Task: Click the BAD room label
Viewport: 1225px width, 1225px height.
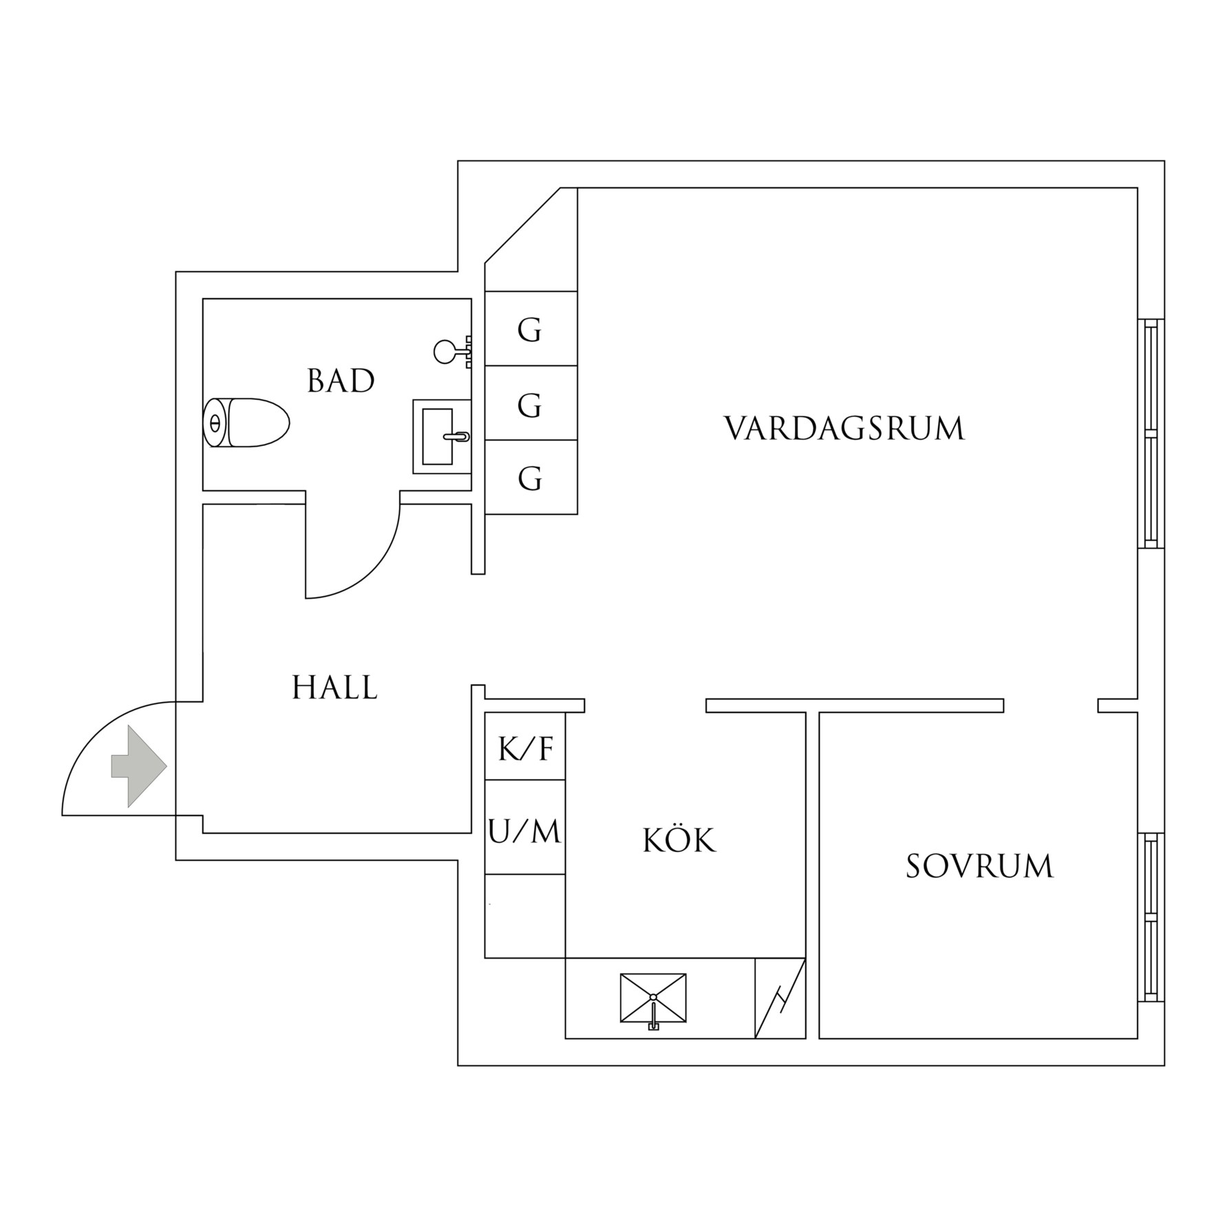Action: pyautogui.click(x=341, y=381)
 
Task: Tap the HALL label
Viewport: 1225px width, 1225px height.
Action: pyautogui.click(x=335, y=688)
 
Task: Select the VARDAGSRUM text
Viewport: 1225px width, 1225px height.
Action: pyautogui.click(x=844, y=428)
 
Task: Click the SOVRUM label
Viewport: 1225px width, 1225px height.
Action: pyautogui.click(x=979, y=866)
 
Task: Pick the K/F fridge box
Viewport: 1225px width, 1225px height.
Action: pyautogui.click(x=525, y=746)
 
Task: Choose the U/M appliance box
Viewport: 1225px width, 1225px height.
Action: pyautogui.click(x=525, y=827)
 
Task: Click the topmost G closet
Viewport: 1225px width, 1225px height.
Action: pyautogui.click(x=531, y=328)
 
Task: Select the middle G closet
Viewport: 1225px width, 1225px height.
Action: pyautogui.click(x=531, y=403)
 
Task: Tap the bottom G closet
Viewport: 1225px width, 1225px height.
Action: pyautogui.click(x=531, y=477)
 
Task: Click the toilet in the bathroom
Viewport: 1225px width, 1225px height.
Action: pyautogui.click(x=246, y=423)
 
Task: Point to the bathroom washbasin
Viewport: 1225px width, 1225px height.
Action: pyautogui.click(x=442, y=436)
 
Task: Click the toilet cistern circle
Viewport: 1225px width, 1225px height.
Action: pyautogui.click(x=215, y=423)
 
